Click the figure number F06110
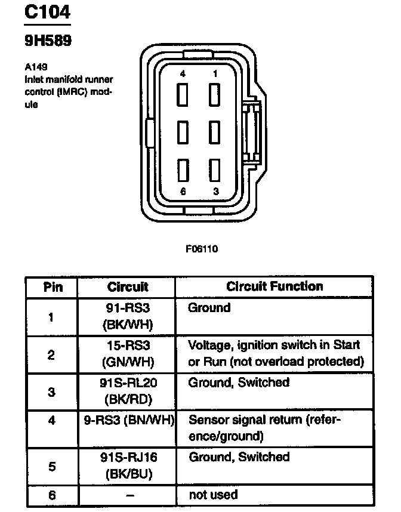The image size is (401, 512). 201,249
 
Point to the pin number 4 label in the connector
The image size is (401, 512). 183,73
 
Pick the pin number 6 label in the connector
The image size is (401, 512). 183,191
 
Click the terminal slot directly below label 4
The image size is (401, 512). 183,95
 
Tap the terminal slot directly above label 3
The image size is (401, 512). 214,170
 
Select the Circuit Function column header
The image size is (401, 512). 274,286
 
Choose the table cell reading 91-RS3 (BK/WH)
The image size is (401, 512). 128,316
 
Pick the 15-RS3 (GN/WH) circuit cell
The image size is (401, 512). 128,354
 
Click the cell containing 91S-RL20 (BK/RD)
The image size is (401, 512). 128,390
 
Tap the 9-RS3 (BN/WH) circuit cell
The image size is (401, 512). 128,420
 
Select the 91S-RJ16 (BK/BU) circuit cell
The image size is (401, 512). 128,465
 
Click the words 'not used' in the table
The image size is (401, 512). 213,495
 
